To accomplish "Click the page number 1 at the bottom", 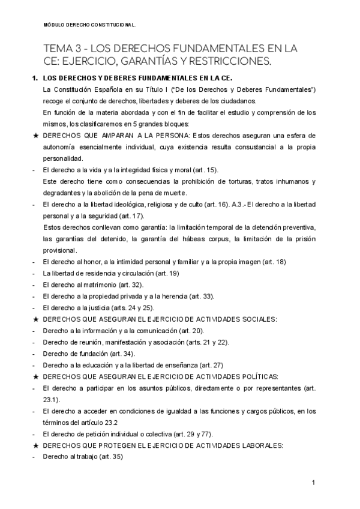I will (x=314, y=483).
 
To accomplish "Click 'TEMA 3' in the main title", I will (x=63, y=48).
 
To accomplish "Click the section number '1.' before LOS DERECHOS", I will (x=35, y=79).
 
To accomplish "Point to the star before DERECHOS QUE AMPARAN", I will (x=36, y=136).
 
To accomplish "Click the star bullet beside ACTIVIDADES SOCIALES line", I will (x=36, y=319).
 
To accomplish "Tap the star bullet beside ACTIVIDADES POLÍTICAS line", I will (x=36, y=376).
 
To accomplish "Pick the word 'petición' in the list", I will (x=87, y=433).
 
